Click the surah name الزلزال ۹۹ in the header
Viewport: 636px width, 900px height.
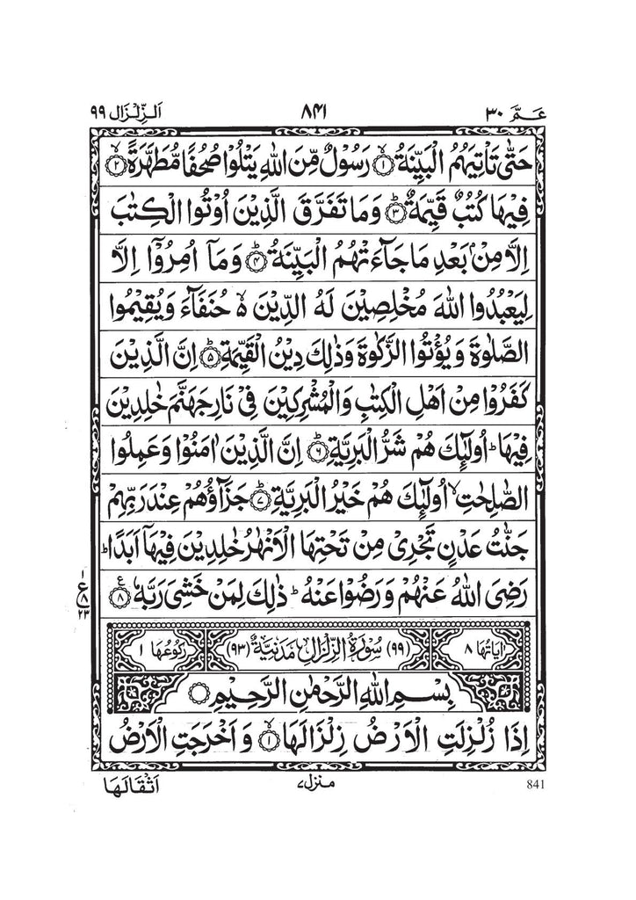tap(125, 113)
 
